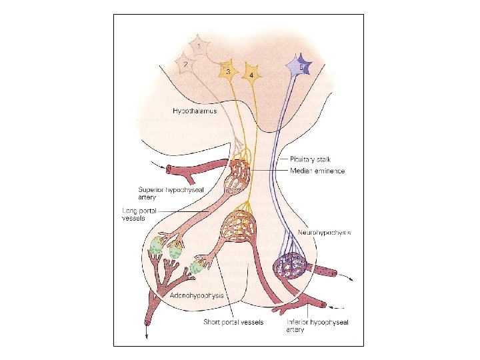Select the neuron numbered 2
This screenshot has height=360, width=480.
(x=185, y=65)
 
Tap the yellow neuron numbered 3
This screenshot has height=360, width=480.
(x=228, y=70)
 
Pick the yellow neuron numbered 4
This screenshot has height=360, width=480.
(x=251, y=72)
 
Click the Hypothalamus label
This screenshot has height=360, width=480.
(x=190, y=111)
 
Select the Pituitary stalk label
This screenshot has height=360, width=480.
(x=310, y=159)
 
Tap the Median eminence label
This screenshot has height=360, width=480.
(x=317, y=171)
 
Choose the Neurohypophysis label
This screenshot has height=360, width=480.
(x=324, y=233)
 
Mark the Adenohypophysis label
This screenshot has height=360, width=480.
(x=195, y=294)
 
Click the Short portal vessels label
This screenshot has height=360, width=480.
(x=233, y=322)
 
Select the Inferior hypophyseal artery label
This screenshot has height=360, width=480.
(x=317, y=326)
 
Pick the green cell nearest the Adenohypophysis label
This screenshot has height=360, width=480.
(x=195, y=267)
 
